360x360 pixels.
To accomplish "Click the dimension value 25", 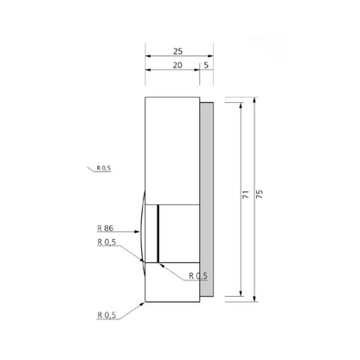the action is click(x=177, y=51).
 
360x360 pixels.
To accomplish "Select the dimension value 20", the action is click(x=177, y=66).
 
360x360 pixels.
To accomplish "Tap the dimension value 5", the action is click(x=206, y=65).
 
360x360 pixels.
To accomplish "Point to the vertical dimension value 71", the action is click(x=246, y=194).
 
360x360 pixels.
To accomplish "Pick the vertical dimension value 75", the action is click(x=260, y=194).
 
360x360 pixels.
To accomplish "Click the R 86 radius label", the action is click(x=106, y=228).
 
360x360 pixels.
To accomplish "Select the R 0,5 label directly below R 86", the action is click(x=106, y=242).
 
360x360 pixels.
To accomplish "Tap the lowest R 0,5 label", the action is click(x=106, y=315).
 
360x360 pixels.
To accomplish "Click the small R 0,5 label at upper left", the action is click(x=104, y=168).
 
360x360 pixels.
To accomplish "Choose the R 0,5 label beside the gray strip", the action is click(x=198, y=276).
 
